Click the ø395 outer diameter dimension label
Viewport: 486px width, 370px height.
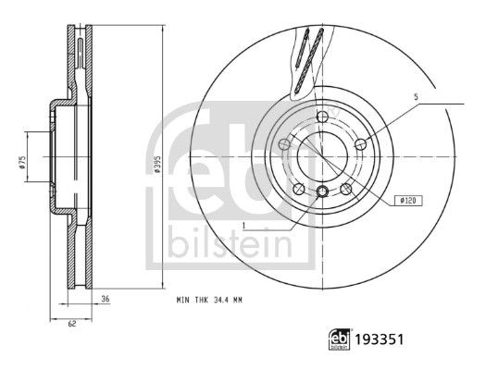click(x=157, y=164)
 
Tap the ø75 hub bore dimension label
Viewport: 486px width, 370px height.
click(x=21, y=163)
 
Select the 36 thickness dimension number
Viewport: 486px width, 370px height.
click(x=106, y=299)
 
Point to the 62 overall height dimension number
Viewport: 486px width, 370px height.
click(x=72, y=324)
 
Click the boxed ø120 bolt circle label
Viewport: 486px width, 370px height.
click(x=408, y=201)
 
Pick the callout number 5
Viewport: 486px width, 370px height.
click(x=416, y=97)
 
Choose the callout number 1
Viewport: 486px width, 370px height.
click(x=244, y=226)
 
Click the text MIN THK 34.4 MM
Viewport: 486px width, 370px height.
click(x=209, y=300)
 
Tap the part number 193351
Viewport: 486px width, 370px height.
click(x=379, y=339)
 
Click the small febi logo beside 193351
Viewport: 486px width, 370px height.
click(x=339, y=339)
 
